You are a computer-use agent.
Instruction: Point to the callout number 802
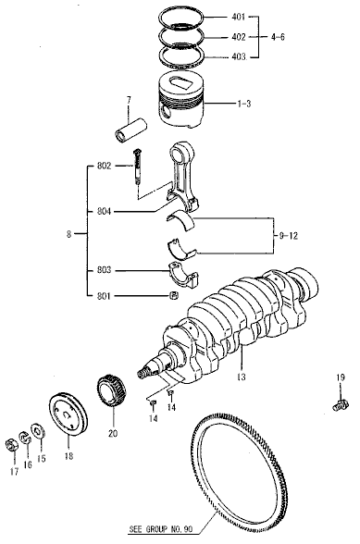click(x=103, y=167)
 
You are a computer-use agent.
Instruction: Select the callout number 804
click(x=103, y=212)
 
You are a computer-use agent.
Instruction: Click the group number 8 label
click(x=68, y=235)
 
